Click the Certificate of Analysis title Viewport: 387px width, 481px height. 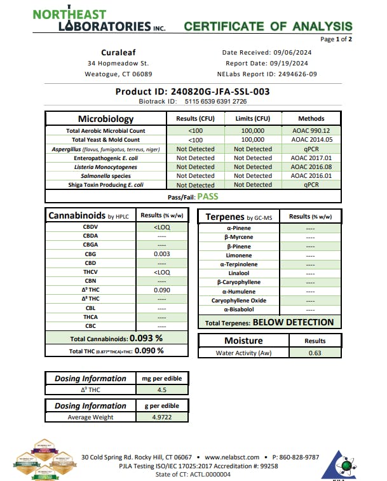(268, 26)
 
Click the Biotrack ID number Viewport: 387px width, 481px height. (215, 101)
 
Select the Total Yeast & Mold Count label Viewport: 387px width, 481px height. (105, 140)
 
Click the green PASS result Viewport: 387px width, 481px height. (208, 196)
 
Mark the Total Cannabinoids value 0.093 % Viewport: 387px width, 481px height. (146, 338)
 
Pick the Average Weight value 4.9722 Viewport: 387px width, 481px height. (161, 417)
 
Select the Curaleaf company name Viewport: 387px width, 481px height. (118, 52)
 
